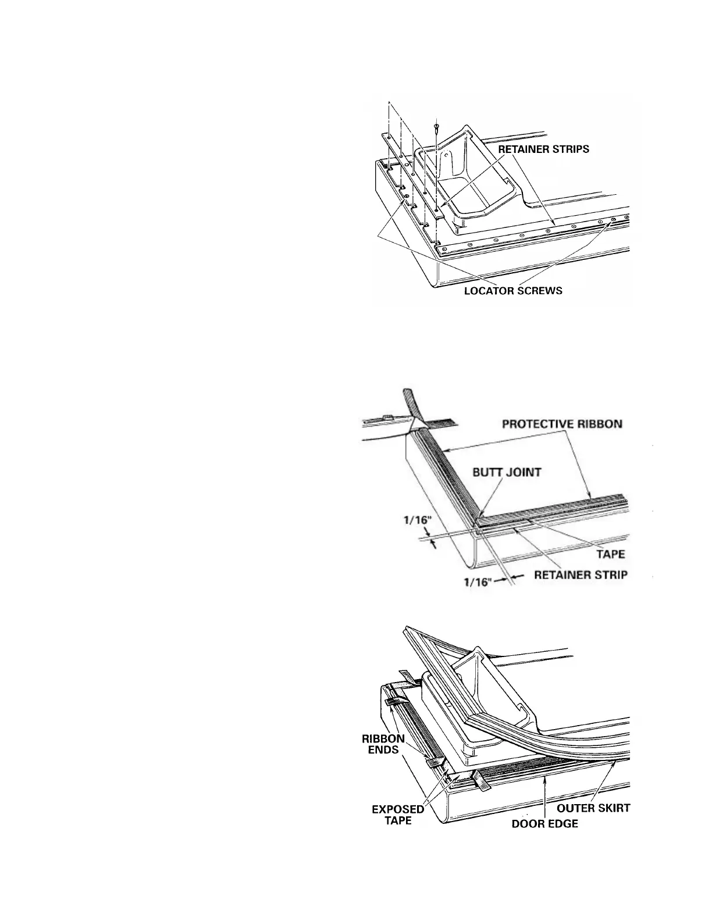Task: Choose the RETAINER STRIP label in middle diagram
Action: [581, 575]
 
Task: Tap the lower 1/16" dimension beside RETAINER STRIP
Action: [477, 581]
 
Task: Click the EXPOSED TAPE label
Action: [394, 814]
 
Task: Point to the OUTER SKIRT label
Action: [593, 808]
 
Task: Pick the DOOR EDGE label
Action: [544, 824]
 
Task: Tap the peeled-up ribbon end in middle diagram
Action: [409, 402]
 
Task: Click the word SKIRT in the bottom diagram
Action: [613, 808]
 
